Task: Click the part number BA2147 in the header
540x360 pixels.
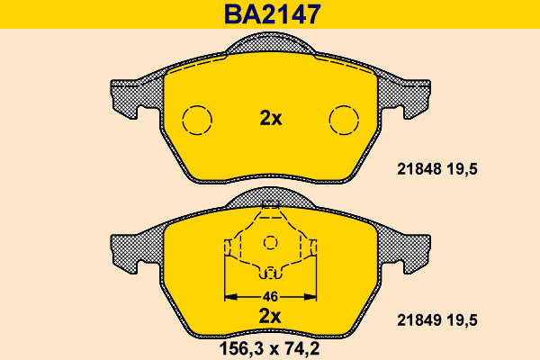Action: pos(273,14)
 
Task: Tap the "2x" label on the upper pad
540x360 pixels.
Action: pos(271,119)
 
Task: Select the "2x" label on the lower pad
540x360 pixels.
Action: pos(270,316)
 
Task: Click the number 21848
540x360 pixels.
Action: pos(419,169)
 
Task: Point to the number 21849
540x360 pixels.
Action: pos(419,320)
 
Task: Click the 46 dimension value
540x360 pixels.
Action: pos(270,297)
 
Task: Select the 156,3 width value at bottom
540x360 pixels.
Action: pos(242,349)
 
